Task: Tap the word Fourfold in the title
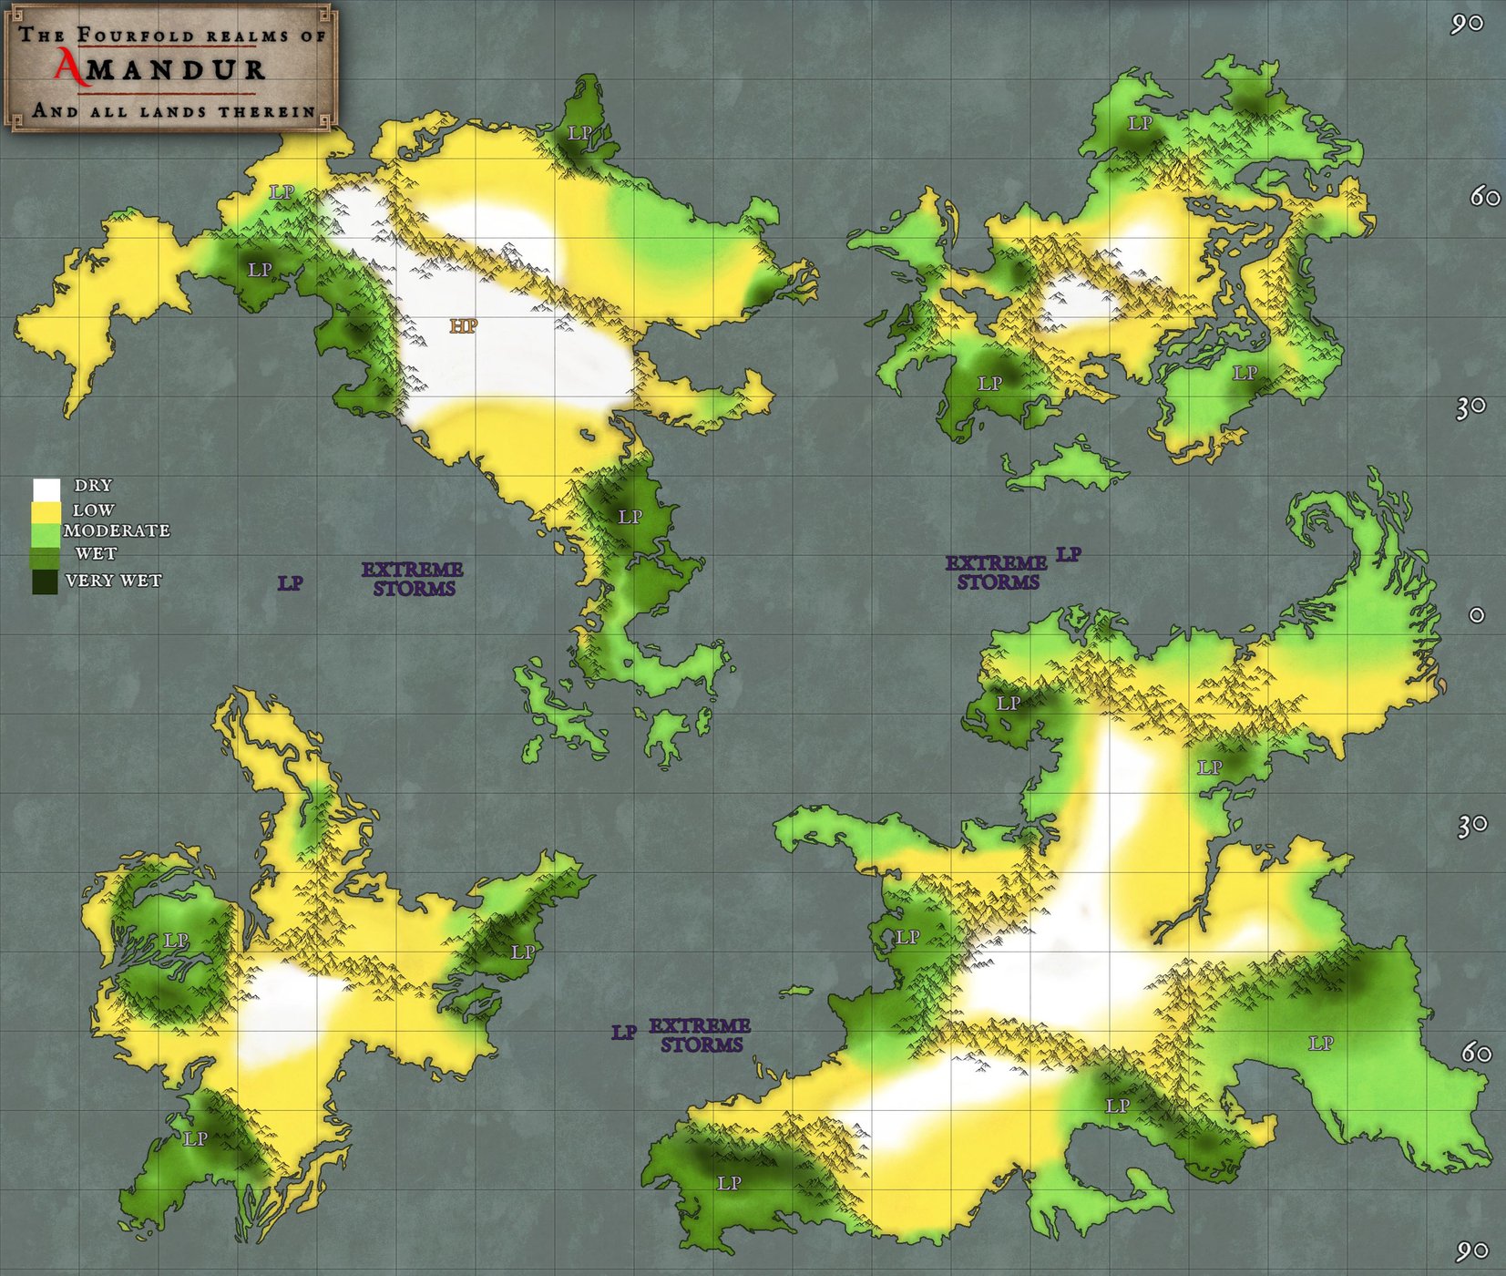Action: (136, 36)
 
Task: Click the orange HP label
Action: (463, 325)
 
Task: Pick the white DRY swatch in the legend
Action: (46, 489)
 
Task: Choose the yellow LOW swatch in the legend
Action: (46, 512)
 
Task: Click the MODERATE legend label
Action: (117, 530)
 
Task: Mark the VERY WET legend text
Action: (113, 581)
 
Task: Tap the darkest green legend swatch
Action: (45, 581)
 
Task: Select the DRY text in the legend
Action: (93, 486)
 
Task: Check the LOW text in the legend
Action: (93, 510)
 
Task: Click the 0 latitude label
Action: (1477, 615)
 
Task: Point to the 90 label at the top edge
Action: (1467, 24)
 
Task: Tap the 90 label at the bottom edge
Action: (1471, 1251)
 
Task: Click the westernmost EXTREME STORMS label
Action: (413, 579)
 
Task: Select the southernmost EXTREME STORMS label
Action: (700, 1035)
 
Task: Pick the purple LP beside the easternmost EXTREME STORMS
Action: (1069, 554)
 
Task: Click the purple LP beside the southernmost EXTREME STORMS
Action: (624, 1033)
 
